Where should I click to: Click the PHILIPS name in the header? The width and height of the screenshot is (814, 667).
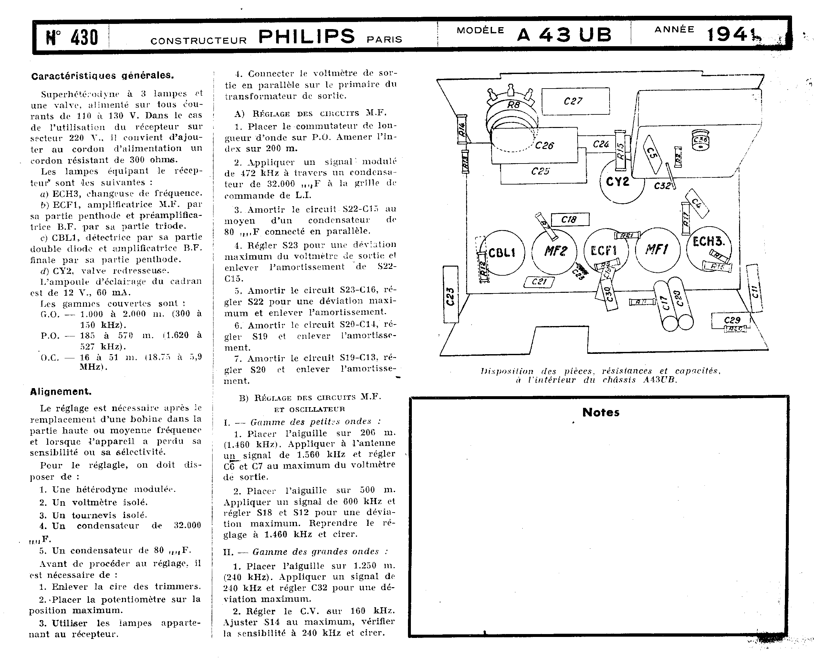coord(307,37)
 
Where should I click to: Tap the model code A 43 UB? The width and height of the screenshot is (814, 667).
coord(564,35)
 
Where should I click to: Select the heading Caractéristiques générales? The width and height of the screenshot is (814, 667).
coord(102,76)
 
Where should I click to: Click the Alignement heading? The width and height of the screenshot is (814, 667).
coord(61,392)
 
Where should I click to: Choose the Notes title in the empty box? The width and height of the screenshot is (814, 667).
coord(600,412)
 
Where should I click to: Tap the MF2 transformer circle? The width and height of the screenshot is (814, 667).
coord(554,251)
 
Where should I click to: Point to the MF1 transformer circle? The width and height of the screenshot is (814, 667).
coord(657,250)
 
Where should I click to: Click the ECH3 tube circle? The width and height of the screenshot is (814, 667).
coord(708,246)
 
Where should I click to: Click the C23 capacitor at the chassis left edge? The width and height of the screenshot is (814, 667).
coord(451,295)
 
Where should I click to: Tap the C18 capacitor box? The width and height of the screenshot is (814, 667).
coord(570,219)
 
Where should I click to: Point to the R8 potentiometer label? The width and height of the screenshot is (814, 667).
coord(513,104)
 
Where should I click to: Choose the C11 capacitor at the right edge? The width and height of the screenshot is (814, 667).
coord(754,288)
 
